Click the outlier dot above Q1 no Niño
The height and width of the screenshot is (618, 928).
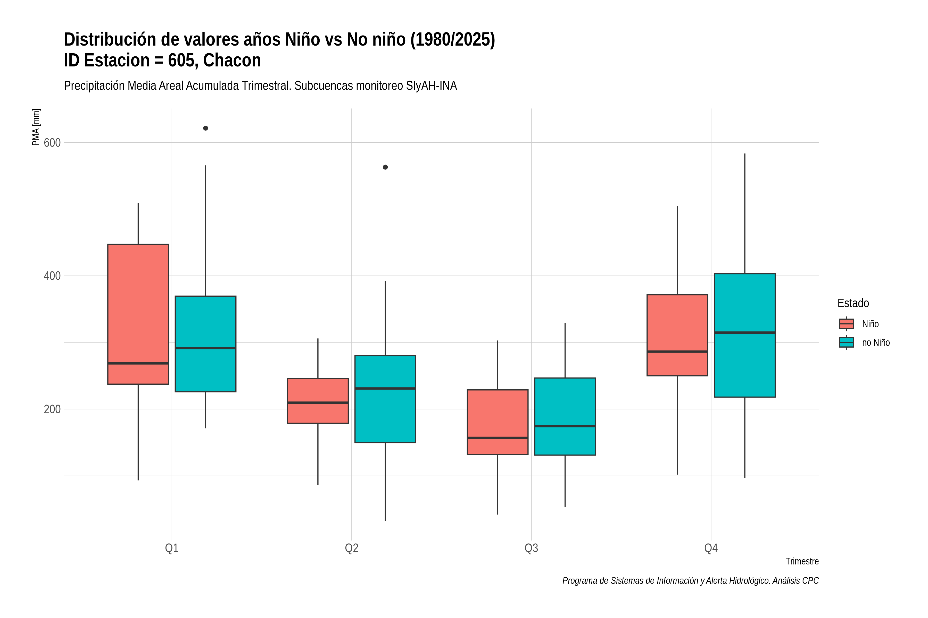point(205,128)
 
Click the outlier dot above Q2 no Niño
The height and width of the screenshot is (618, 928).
point(385,167)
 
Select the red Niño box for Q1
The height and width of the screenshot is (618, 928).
point(138,314)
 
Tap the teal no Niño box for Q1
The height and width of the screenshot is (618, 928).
point(205,344)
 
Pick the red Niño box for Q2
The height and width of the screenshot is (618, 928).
point(318,401)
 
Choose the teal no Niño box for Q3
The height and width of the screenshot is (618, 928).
point(565,417)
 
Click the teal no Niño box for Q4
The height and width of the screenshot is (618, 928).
point(745,335)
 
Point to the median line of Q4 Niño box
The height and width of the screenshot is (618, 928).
point(677,351)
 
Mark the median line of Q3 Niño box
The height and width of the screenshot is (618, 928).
point(498,438)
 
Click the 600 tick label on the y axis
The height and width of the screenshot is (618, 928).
point(52,143)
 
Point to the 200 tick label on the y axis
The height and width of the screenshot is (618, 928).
point(52,409)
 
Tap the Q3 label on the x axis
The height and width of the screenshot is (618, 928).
point(532,548)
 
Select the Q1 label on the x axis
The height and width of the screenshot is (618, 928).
point(172,548)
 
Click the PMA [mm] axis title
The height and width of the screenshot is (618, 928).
point(36,127)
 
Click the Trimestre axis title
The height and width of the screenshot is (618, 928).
point(802,561)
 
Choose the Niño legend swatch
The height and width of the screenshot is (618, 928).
point(847,324)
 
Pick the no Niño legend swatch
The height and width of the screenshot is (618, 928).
point(847,342)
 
